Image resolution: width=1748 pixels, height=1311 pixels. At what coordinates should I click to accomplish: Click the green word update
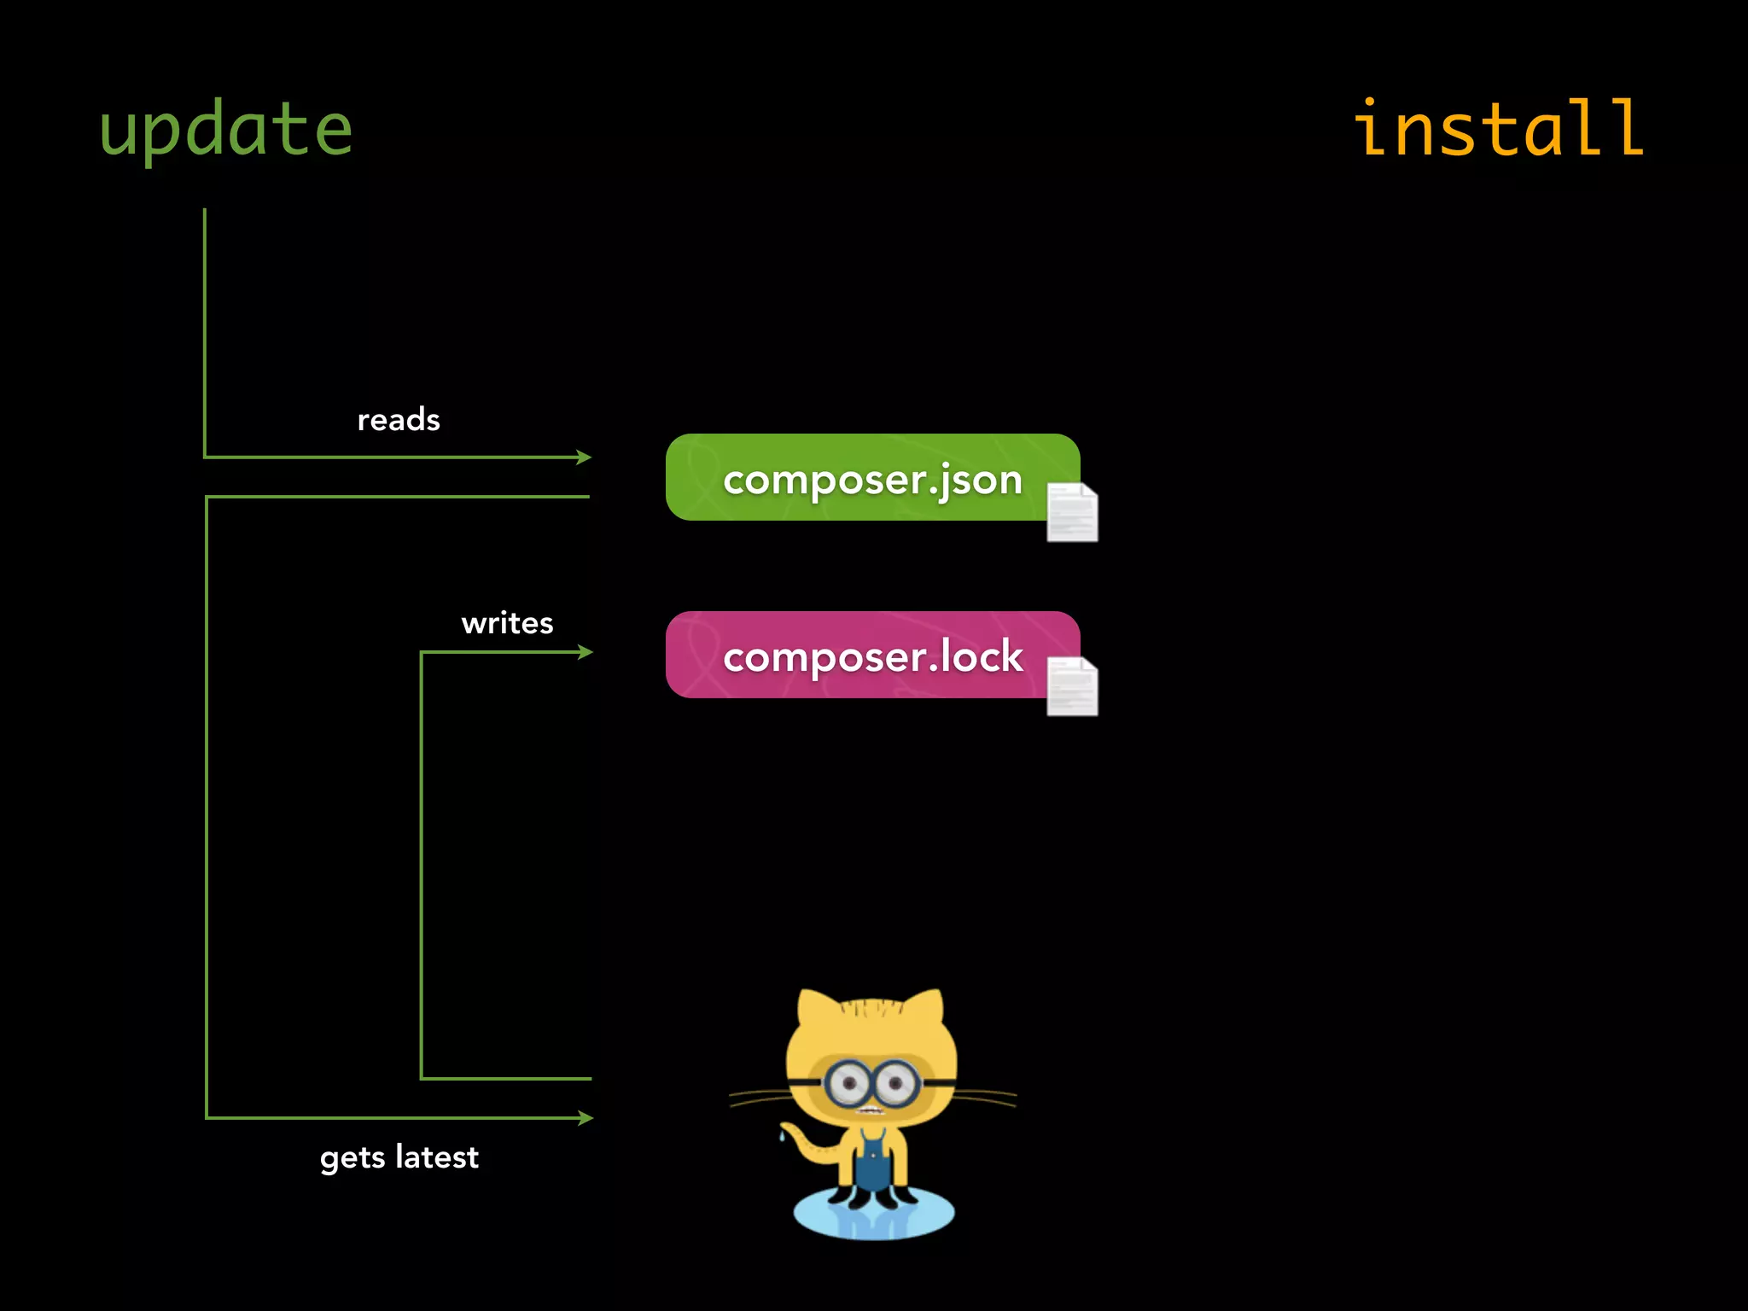[226, 130]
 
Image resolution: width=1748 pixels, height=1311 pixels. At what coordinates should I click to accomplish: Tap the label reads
[399, 420]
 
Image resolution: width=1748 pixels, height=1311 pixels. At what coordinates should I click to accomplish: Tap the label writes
[507, 623]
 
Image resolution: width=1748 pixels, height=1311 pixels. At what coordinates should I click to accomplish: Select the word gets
[353, 1158]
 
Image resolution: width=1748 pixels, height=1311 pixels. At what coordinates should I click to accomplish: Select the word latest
[437, 1157]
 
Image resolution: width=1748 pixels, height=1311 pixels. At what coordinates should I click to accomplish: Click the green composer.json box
[854, 478]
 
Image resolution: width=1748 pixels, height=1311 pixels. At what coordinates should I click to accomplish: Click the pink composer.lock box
[854, 655]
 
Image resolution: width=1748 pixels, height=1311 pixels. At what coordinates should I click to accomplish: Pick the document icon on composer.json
[1072, 512]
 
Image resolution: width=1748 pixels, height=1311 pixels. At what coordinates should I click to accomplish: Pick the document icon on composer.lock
[1072, 686]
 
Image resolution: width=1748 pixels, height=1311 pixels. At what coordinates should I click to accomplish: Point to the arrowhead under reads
[585, 457]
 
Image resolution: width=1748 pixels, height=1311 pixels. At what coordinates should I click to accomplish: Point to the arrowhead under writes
[586, 652]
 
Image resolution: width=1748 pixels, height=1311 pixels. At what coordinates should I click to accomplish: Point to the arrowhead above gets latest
[586, 1117]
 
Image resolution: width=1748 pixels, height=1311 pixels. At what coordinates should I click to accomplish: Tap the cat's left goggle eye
[848, 1084]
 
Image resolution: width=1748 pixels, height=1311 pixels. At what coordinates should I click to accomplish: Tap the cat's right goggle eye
[896, 1084]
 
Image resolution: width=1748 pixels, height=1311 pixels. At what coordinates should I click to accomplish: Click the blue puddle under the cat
[874, 1216]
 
